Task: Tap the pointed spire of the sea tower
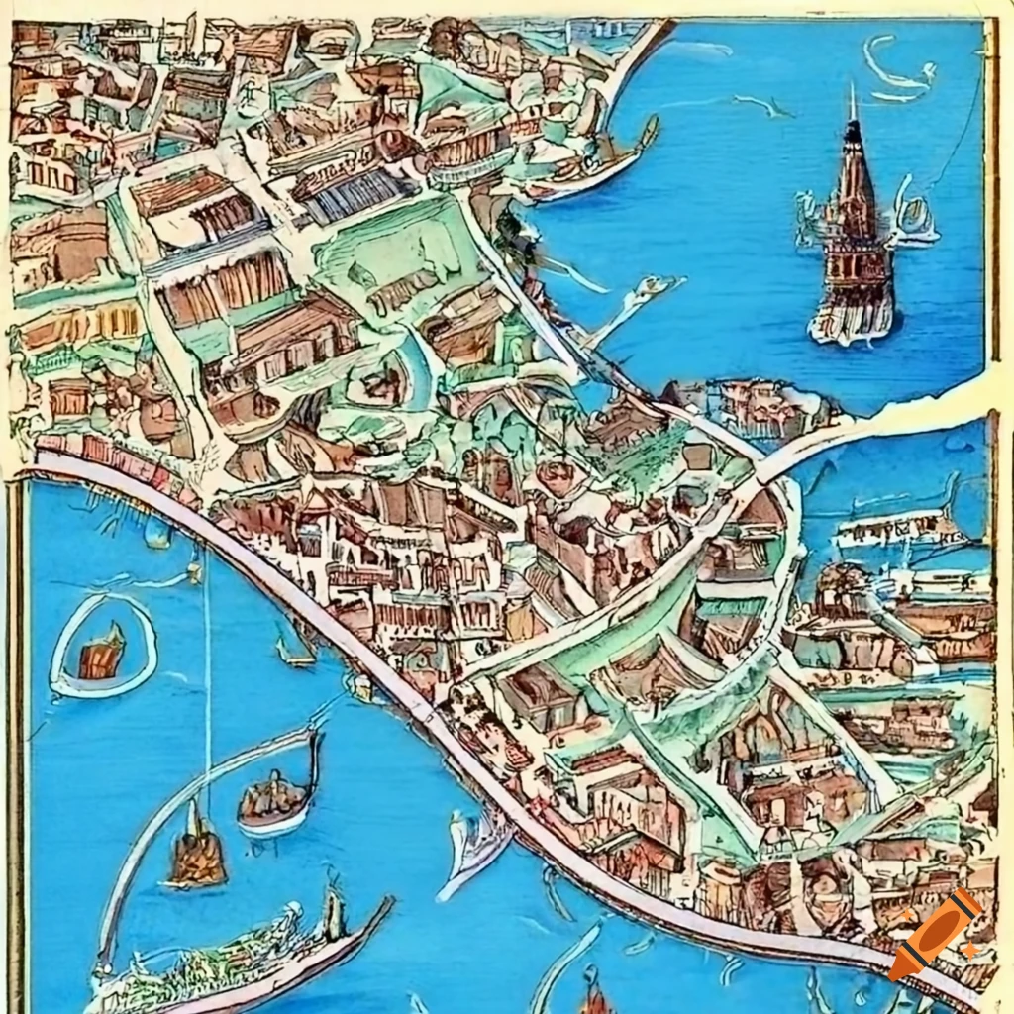point(852,109)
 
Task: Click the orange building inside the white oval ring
point(102,652)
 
